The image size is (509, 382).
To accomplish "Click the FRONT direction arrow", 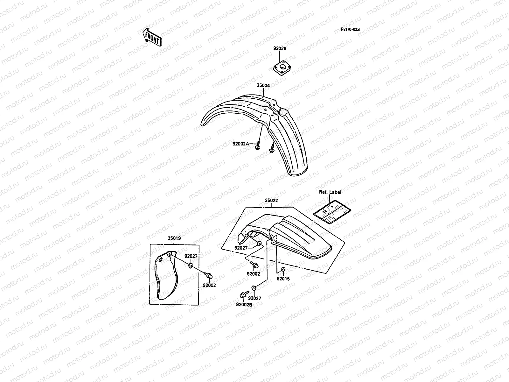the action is pos(152,37).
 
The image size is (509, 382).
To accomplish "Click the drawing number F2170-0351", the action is pos(351,29).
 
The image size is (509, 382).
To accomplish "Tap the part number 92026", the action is pos(280,49).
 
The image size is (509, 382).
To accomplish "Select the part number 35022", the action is pos(271,201).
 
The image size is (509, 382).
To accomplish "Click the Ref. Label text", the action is pos(330,192).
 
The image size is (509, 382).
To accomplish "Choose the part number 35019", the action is pos(174,238).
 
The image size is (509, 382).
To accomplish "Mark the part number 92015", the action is pos(283,279).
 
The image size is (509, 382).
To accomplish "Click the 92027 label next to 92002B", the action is pos(254,298).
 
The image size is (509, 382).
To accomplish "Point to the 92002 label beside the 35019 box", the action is pos(209,285).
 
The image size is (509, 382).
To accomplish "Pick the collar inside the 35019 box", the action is pos(191,265).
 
